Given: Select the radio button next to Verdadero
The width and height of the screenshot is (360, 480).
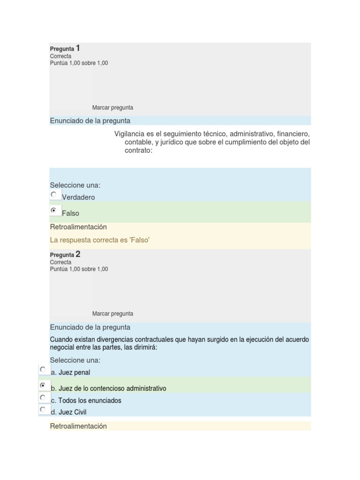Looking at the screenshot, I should click(54, 194).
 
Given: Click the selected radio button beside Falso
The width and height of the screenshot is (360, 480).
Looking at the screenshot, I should click(54, 210).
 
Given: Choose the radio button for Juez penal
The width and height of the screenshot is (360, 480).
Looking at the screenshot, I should click(43, 369).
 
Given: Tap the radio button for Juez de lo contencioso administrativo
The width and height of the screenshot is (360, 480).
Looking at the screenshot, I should click(43, 385).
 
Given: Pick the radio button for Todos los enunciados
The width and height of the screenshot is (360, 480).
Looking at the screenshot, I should click(43, 397).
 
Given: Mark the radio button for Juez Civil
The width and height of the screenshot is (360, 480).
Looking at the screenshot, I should click(43, 409).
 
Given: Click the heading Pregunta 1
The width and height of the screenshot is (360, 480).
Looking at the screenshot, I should click(65, 48).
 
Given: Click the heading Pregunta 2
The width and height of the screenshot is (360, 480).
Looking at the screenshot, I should click(65, 255).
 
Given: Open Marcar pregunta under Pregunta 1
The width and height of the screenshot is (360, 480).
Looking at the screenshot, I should click(112, 107).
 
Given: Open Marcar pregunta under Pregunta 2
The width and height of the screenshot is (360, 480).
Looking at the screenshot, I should click(112, 314).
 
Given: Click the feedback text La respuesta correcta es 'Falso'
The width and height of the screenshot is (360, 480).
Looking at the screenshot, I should click(99, 240).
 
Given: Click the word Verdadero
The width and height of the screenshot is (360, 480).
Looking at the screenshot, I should click(78, 197).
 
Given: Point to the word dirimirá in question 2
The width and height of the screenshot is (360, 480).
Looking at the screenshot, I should click(145, 347).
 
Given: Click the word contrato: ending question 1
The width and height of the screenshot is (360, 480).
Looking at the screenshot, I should click(138, 151).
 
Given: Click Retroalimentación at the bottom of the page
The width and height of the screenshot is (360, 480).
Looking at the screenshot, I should click(78, 426).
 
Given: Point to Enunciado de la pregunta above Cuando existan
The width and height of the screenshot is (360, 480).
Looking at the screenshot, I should click(90, 327).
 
